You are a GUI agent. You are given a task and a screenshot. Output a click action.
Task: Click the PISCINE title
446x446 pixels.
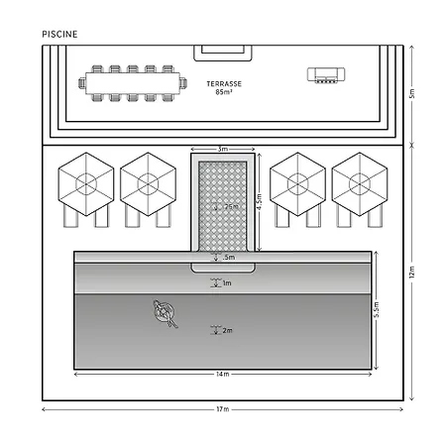point(59,34)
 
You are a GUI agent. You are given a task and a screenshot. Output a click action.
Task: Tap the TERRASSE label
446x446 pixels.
point(224,84)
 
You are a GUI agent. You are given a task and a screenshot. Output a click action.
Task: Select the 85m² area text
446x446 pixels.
point(224,92)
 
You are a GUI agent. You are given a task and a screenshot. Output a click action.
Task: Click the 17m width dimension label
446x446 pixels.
point(223,409)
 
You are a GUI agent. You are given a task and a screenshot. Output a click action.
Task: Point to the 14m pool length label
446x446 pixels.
point(223,374)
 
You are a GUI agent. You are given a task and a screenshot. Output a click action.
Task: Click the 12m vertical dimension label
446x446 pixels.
point(411,272)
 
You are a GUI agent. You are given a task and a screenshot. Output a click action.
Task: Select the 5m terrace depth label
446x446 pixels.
point(411,93)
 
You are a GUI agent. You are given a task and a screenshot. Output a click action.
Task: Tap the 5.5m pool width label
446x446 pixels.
point(377,309)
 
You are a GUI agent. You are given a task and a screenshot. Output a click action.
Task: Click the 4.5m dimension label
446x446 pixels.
point(260,201)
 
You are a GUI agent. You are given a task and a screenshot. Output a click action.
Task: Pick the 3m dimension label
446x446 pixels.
point(223,149)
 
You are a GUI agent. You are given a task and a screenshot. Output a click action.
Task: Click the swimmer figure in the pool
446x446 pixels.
point(166,313)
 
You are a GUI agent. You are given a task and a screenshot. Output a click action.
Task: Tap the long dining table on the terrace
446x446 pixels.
point(133,83)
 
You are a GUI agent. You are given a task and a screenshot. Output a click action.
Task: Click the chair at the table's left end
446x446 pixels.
point(82,83)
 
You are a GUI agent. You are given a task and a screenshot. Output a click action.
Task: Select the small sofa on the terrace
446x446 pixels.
point(326,75)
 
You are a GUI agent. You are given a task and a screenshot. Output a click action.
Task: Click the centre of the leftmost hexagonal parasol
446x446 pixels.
point(86,184)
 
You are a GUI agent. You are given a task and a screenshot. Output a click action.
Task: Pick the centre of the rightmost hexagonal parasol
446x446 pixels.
point(360,184)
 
